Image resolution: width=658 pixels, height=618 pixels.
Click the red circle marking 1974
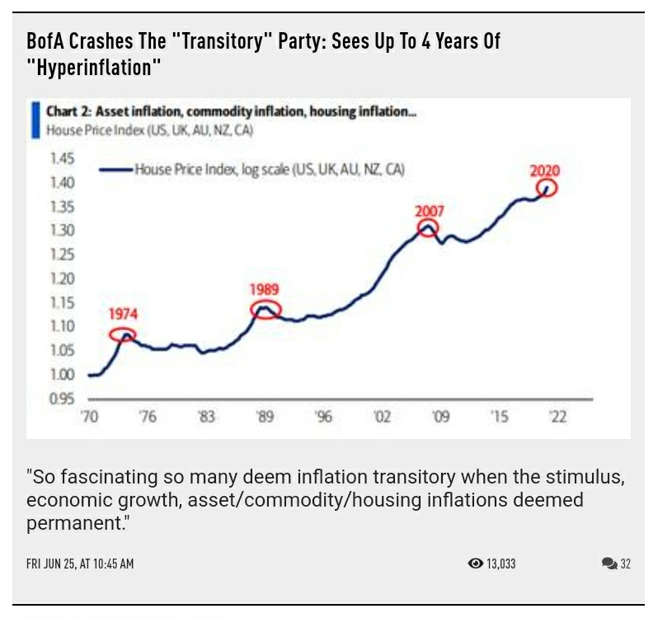pos(122,334)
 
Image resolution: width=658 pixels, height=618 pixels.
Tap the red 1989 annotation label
pos(265,290)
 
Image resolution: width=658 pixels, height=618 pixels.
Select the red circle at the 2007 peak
pos(427,229)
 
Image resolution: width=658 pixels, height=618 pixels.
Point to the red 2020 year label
pos(544,171)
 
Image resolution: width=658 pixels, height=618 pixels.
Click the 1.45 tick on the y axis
pos(62,158)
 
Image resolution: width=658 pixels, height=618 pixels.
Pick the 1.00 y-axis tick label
pos(62,375)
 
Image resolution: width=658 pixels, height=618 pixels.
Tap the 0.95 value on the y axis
pos(62,399)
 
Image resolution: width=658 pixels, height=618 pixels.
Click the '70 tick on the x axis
pos(89,418)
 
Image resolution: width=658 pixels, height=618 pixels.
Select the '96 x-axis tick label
pos(323,418)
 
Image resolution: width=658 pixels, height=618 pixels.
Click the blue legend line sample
pos(115,169)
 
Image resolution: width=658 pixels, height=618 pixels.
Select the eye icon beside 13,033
pos(475,564)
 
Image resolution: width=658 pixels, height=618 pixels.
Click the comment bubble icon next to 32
pos(609,564)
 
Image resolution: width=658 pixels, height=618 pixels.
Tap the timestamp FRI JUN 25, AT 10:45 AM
pos(80,564)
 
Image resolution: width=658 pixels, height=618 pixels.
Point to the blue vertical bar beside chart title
pos(35,120)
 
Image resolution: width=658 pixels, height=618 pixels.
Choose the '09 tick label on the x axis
pos(441,418)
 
